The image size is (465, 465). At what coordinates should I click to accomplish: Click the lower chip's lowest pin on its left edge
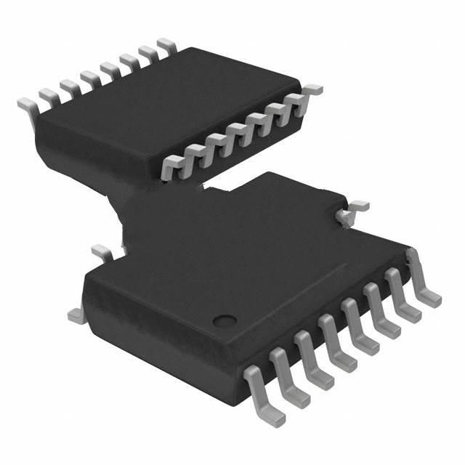(x=73, y=315)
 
